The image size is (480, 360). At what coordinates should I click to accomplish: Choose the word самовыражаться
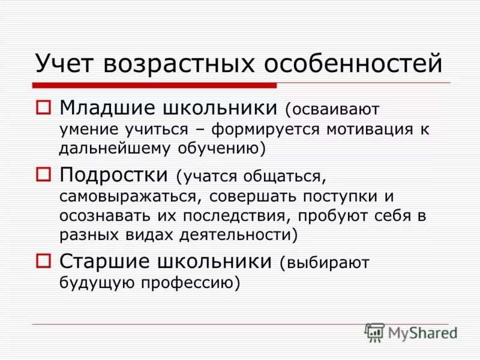point(128,196)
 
